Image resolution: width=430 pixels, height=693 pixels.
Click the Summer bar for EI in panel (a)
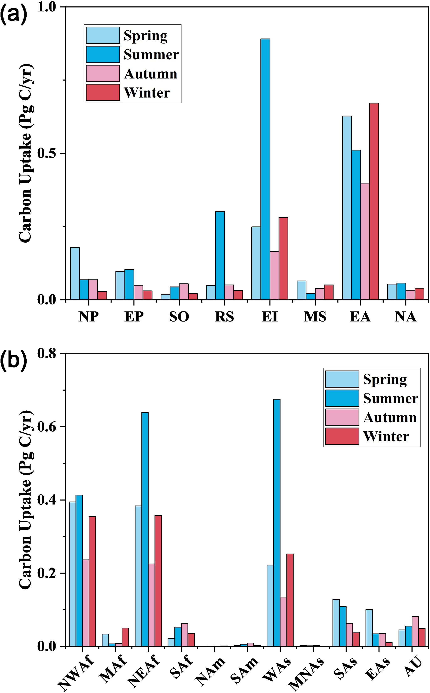265,169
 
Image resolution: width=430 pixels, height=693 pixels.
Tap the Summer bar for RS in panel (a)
220,256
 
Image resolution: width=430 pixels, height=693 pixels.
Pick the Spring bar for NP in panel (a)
75,273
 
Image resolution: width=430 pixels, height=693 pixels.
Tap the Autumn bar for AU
415,631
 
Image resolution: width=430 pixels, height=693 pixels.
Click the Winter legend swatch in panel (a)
103,92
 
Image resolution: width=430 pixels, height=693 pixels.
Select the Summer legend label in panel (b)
390,399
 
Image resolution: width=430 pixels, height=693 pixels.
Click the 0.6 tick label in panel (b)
47,427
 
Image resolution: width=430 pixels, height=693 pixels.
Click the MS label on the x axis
315,317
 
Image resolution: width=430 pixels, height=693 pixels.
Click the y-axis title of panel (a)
26,154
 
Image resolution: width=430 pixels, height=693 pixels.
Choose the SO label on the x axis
179,317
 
